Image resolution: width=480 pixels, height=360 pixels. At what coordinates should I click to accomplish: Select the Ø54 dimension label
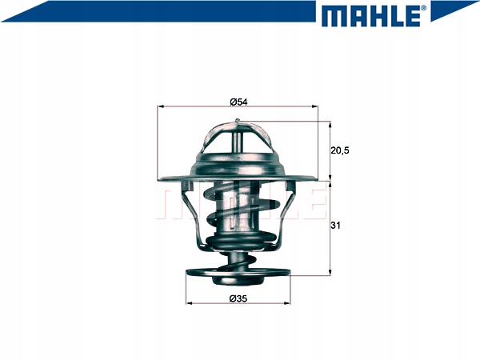point(238,101)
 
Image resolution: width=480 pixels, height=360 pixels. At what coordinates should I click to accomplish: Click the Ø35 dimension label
point(238,299)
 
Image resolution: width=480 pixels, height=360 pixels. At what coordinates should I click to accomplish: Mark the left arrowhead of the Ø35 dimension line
point(189,305)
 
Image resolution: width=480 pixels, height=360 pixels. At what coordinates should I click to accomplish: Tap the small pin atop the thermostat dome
point(238,122)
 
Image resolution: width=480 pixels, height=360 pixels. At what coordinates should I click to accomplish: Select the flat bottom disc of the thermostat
point(238,273)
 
